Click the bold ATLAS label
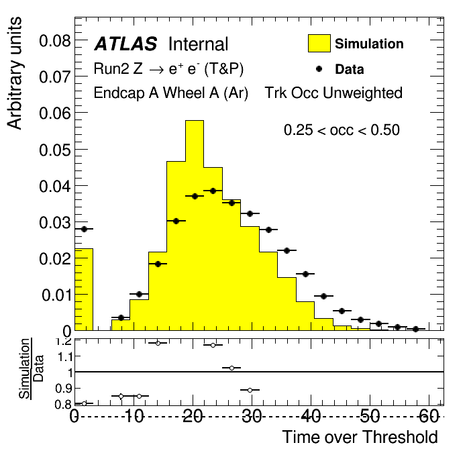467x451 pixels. pyautogui.click(x=125, y=44)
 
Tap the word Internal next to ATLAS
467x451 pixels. pyautogui.click(x=198, y=44)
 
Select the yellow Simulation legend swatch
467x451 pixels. pyautogui.click(x=319, y=44)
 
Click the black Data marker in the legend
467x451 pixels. pyautogui.click(x=319, y=68)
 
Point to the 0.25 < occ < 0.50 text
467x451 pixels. pyautogui.click(x=342, y=130)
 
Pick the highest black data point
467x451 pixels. pyautogui.click(x=213, y=191)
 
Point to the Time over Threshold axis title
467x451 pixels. pyautogui.click(x=360, y=437)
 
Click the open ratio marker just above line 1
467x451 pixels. pyautogui.click(x=231, y=368)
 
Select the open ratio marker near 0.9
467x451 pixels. pyautogui.click(x=250, y=390)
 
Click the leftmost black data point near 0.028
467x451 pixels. pyautogui.click(x=84, y=229)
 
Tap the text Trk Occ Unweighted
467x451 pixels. pyautogui.click(x=333, y=93)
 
